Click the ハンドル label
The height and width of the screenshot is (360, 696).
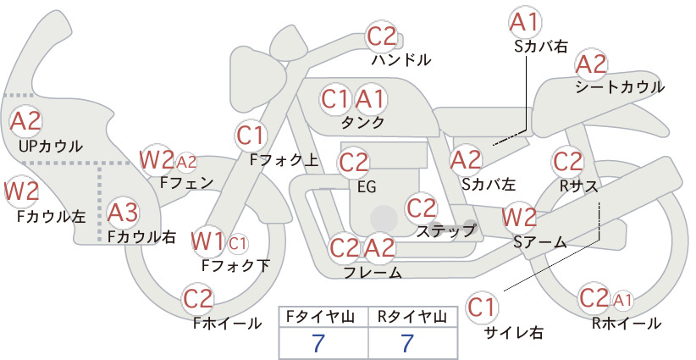400,59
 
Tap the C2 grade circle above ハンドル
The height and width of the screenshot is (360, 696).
382,36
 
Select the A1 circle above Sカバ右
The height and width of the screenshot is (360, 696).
525,22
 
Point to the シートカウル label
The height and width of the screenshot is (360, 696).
620,86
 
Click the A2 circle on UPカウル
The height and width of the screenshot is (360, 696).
25,121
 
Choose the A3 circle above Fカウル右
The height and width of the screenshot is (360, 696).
123,213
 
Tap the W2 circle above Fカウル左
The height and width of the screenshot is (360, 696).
21,191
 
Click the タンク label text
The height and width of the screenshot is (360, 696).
362,122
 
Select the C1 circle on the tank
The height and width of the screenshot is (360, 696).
335,99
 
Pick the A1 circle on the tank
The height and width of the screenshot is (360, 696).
370,99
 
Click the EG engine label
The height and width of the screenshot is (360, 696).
367,187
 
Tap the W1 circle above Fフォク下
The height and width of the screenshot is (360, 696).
207,242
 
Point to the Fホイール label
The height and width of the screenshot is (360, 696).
227,324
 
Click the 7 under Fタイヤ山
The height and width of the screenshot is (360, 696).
318,343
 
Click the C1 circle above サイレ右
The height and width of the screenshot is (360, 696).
482,307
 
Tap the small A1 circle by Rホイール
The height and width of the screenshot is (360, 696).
623,301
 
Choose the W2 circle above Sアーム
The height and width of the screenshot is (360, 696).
519,218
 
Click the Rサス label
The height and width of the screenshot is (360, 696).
579,186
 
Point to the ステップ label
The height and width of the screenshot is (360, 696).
446,230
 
